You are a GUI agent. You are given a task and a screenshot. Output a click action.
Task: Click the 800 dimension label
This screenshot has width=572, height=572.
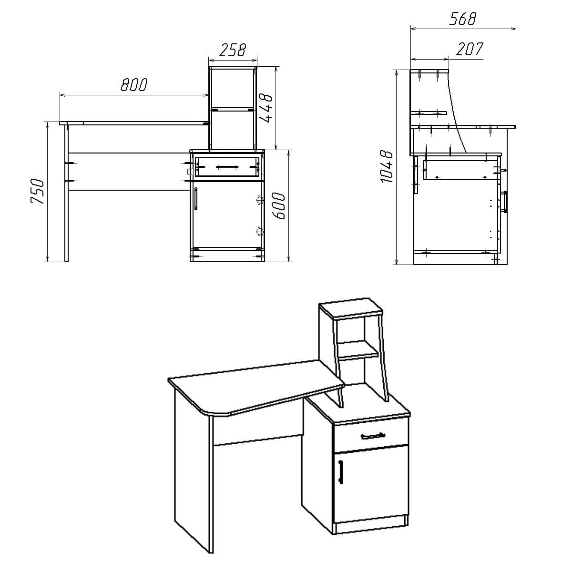click(x=134, y=85)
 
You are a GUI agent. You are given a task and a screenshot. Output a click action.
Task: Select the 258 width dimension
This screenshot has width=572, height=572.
click(x=233, y=50)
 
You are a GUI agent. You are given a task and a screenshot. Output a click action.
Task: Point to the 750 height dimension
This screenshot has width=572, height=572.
click(x=37, y=191)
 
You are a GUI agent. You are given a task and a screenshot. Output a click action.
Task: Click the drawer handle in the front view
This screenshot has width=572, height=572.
click(x=227, y=167)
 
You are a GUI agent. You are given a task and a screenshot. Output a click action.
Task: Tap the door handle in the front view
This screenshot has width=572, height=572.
click(x=196, y=198)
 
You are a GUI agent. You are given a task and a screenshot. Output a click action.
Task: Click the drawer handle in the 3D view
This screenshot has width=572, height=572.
click(x=372, y=436)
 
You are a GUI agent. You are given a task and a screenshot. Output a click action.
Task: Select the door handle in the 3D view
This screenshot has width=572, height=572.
click(x=340, y=471)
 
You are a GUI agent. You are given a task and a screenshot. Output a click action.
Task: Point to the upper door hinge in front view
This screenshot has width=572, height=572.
click(x=260, y=200)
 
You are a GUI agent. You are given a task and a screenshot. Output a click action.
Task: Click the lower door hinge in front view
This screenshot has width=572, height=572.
click(x=260, y=232)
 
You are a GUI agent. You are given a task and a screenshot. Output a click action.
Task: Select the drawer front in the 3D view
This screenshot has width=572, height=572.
click(x=371, y=435)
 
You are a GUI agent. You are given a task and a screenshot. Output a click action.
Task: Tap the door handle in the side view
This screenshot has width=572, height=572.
click(x=504, y=202)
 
